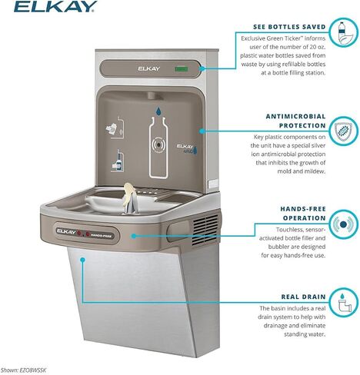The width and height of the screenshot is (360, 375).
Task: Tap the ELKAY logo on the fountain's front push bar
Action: (66, 228)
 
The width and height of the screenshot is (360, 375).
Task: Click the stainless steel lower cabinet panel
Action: (127, 300)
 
